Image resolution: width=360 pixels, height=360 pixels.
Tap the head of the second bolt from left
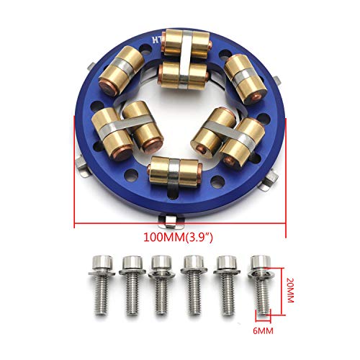click(x=132, y=264)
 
